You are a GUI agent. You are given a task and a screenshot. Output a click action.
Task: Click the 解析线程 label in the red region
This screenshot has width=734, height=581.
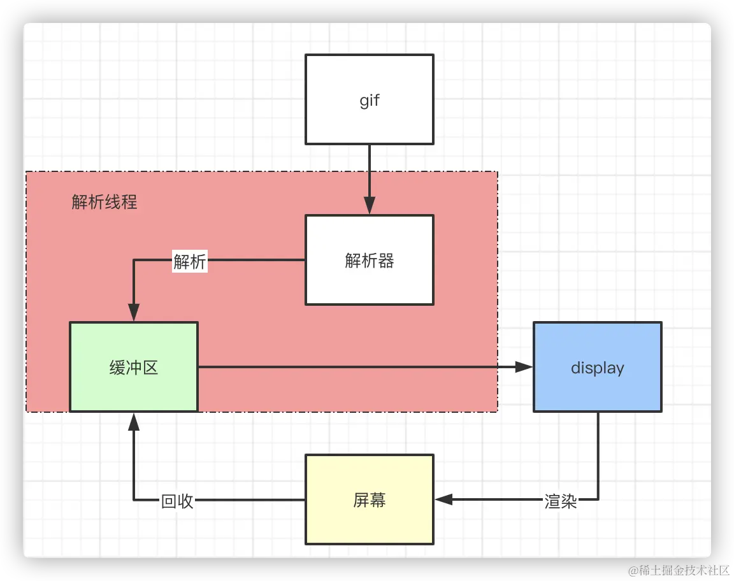click(x=104, y=203)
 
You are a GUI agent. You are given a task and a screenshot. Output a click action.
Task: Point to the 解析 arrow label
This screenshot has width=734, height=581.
click(x=190, y=261)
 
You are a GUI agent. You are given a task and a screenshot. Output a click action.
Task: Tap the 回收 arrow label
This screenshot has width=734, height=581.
click(x=177, y=501)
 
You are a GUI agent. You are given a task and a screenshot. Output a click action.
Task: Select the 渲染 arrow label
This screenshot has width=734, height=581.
click(x=561, y=501)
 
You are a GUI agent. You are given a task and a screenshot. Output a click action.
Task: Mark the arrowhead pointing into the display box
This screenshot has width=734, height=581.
click(x=524, y=367)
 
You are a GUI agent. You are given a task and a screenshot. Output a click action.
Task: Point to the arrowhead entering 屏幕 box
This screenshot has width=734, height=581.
click(x=443, y=500)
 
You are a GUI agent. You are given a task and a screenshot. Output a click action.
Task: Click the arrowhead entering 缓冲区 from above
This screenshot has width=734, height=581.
click(x=134, y=313)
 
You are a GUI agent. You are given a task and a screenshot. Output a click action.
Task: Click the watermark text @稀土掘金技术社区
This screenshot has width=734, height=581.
click(x=677, y=569)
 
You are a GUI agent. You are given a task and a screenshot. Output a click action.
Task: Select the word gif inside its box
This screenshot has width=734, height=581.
click(x=370, y=101)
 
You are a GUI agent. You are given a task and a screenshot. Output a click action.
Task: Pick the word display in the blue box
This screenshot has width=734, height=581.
click(x=597, y=368)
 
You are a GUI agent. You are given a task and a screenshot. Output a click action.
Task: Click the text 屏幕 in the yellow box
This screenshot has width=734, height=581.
click(x=370, y=500)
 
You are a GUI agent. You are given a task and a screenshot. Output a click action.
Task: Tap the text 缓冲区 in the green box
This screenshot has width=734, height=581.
click(x=134, y=368)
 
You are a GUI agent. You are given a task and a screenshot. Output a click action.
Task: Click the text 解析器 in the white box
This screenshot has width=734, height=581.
click(x=370, y=261)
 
